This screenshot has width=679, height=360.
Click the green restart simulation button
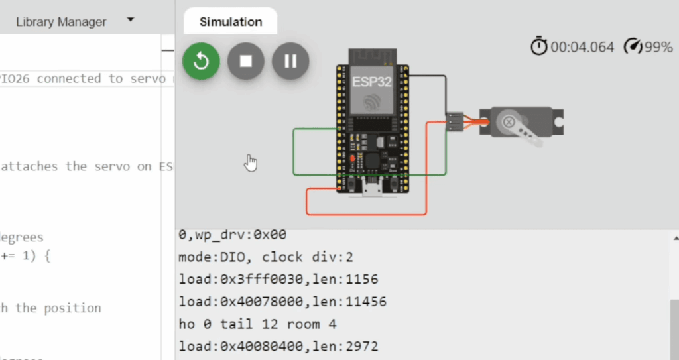(202, 61)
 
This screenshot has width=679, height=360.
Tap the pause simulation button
(290, 61)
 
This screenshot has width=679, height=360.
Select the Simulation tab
(231, 22)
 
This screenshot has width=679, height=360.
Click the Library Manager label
(61, 22)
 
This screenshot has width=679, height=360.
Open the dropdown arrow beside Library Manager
(131, 20)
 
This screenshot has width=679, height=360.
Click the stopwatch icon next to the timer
(538, 46)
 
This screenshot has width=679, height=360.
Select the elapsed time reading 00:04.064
(582, 47)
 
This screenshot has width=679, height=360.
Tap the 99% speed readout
(659, 47)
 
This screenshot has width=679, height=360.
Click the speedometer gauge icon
(634, 46)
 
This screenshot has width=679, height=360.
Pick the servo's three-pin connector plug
(455, 121)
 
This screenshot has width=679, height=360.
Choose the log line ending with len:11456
(282, 302)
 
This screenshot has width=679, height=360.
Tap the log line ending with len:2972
(278, 347)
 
